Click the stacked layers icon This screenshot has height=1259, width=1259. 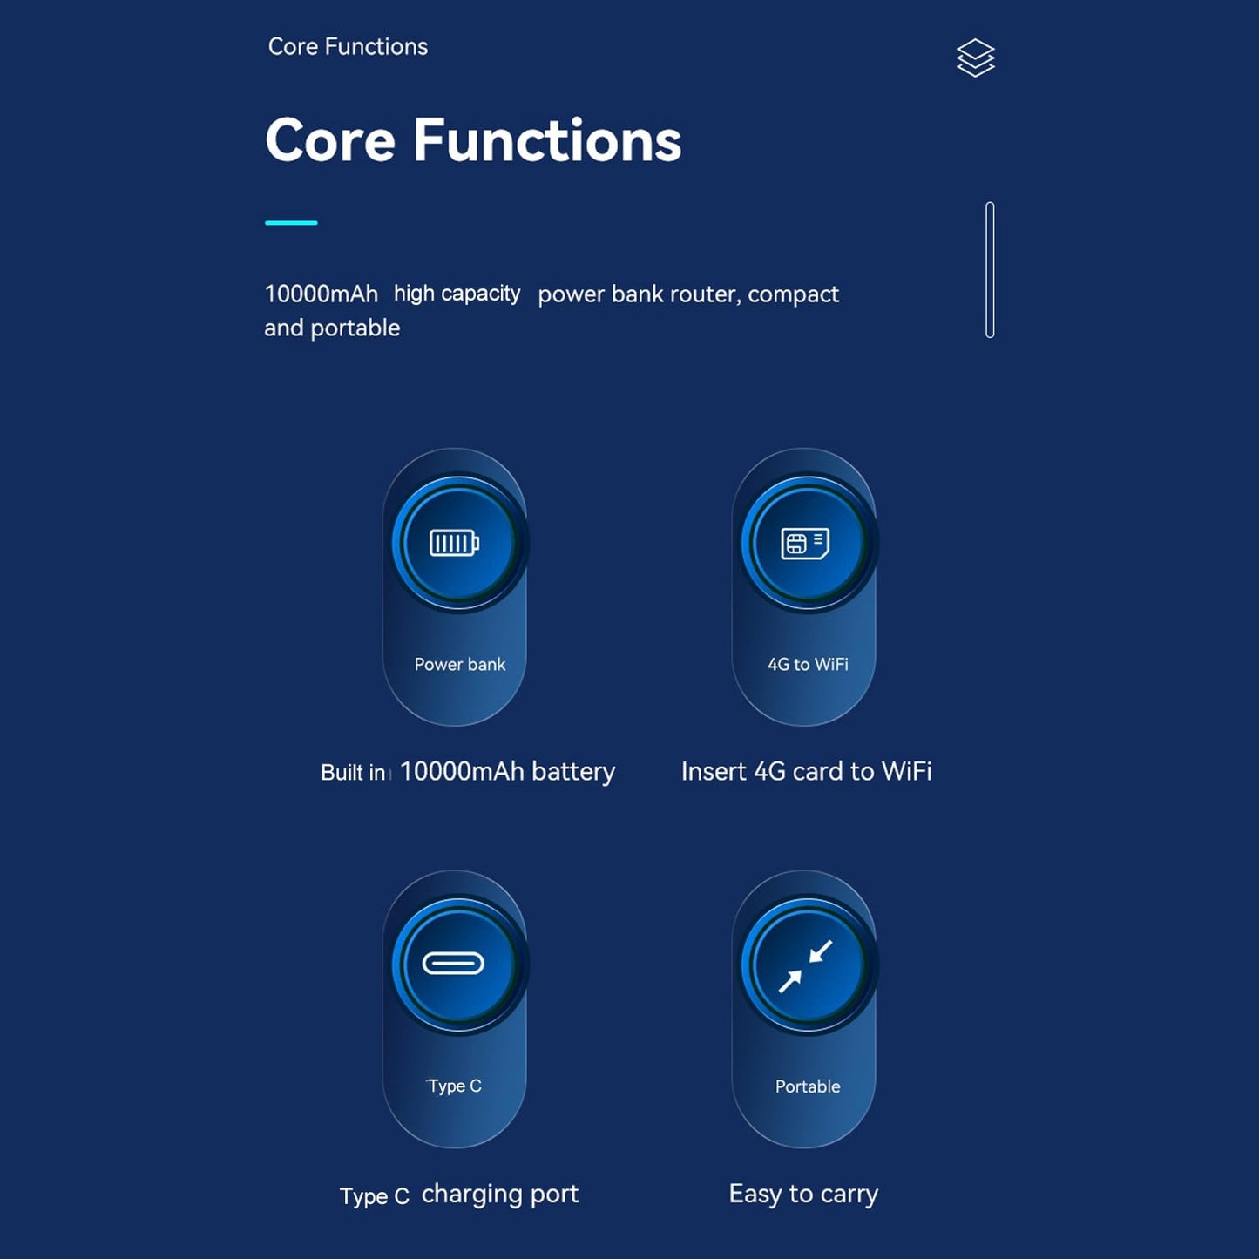click(x=976, y=58)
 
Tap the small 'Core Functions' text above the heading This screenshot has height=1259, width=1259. click(x=348, y=46)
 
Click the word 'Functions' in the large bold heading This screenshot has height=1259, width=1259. click(x=547, y=140)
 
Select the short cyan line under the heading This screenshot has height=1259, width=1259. click(x=291, y=223)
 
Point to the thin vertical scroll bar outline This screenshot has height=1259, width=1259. click(x=990, y=270)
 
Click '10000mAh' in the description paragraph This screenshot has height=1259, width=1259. click(x=321, y=294)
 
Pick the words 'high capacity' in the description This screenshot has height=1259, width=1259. click(x=457, y=294)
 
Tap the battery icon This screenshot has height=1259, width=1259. click(x=454, y=543)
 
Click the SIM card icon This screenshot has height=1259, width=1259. click(x=805, y=544)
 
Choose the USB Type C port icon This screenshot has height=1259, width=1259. click(x=453, y=963)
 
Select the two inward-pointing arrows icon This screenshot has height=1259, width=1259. click(x=806, y=966)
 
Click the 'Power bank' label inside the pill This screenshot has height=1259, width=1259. click(x=460, y=665)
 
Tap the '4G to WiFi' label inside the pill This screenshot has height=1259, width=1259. click(x=809, y=665)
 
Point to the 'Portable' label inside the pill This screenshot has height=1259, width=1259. click(x=808, y=1086)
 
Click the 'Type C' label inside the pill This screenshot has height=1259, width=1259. click(x=455, y=1086)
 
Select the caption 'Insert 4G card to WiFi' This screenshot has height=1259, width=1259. click(x=806, y=772)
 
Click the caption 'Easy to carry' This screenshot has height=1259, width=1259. click(x=803, y=1195)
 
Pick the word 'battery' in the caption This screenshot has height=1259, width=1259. click(x=573, y=772)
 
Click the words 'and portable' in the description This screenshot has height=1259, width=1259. click(x=332, y=328)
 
